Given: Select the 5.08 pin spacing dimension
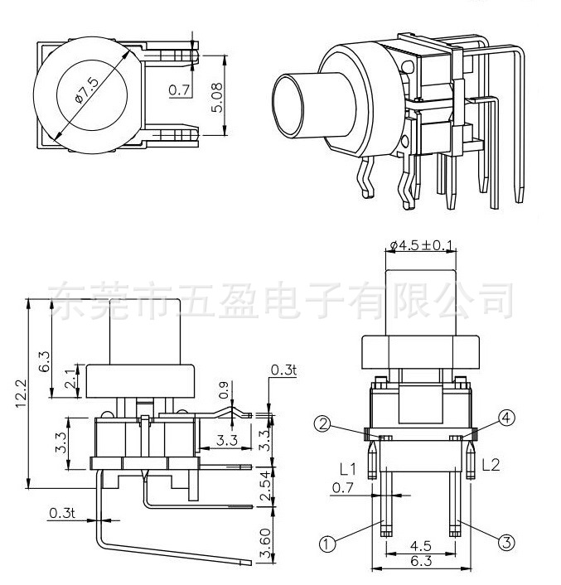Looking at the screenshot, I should click(x=218, y=96).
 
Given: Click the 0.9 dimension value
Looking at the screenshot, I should click(x=223, y=388).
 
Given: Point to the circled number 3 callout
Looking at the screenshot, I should click(x=505, y=544).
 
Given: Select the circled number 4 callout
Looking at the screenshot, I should click(x=505, y=418).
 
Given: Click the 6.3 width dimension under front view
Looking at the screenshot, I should click(x=421, y=561).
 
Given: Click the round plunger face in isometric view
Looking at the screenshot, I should click(x=292, y=106).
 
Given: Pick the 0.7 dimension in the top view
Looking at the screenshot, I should click(x=177, y=89).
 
